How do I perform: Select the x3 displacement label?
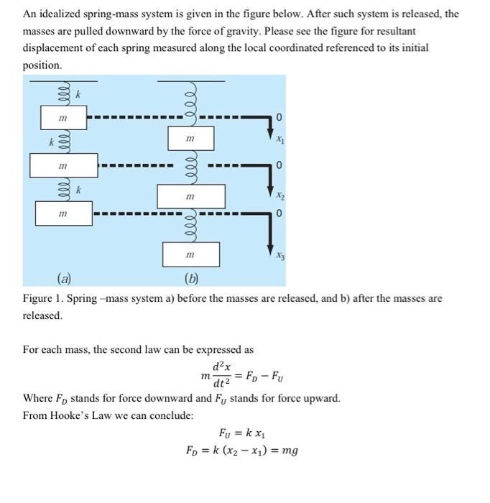tap(279, 255)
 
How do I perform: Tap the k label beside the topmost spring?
tap(80, 93)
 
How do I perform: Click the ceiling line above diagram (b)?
tap(190, 80)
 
